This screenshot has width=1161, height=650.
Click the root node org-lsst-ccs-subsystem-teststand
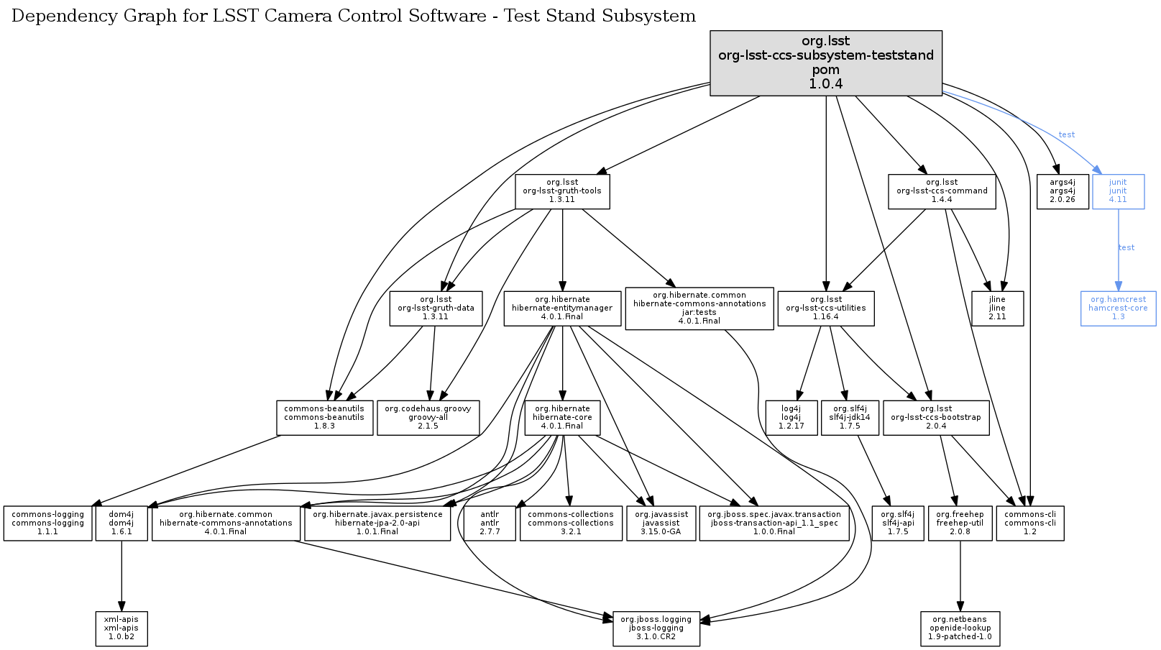click(825, 63)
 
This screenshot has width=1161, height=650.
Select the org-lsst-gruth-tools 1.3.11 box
click(562, 191)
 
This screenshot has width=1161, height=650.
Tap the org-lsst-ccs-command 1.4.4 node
click(942, 191)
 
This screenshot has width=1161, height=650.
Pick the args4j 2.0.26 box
click(1062, 191)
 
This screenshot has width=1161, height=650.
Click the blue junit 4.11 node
click(1118, 191)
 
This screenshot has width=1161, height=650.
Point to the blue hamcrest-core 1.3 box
click(1118, 308)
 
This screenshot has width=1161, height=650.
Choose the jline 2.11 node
click(997, 308)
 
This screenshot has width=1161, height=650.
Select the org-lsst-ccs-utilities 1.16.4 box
click(826, 308)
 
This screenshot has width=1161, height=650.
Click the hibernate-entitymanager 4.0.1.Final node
click(562, 308)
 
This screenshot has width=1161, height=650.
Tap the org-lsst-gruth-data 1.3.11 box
click(436, 308)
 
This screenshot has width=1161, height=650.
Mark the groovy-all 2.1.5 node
click(428, 417)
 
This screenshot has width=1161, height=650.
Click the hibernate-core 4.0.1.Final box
click(562, 417)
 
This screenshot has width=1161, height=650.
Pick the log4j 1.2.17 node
click(791, 417)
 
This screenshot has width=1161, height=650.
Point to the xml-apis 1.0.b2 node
click(121, 628)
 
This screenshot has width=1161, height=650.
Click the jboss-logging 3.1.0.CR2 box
click(656, 628)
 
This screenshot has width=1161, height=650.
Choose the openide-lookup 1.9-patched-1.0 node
click(960, 628)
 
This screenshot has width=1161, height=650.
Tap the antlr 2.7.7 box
click(490, 523)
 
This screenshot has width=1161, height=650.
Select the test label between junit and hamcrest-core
click(1126, 247)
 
